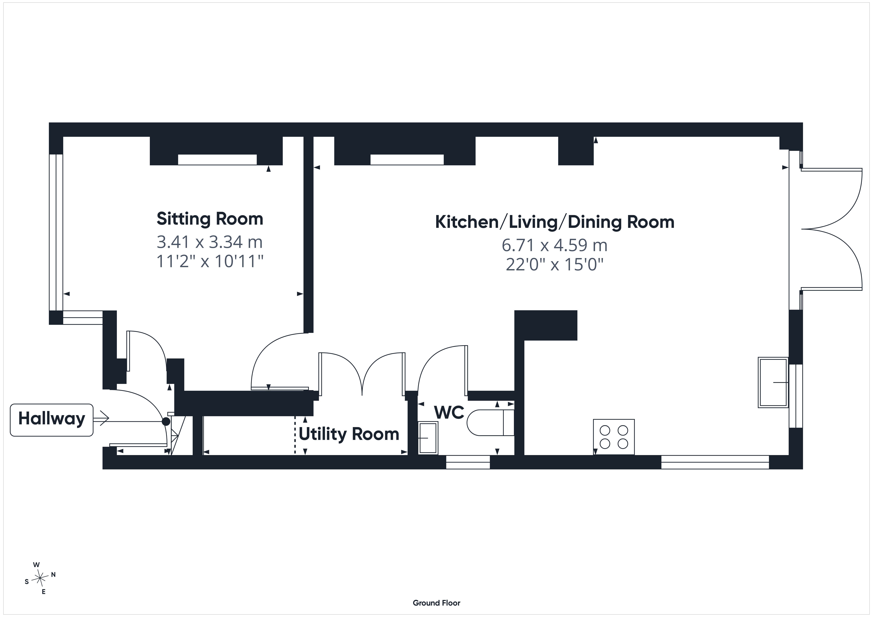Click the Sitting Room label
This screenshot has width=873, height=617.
coord(210,219)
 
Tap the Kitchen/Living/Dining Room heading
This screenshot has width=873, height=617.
coord(555,222)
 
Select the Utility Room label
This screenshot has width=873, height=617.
coord(349,434)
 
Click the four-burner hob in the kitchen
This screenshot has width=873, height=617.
coord(614,437)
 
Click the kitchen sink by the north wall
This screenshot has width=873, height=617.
coord(773,382)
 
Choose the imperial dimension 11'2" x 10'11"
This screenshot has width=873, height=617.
coord(210,262)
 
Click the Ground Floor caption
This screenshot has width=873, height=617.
coord(436,603)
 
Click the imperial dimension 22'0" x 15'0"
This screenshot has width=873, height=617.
coord(555,265)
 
